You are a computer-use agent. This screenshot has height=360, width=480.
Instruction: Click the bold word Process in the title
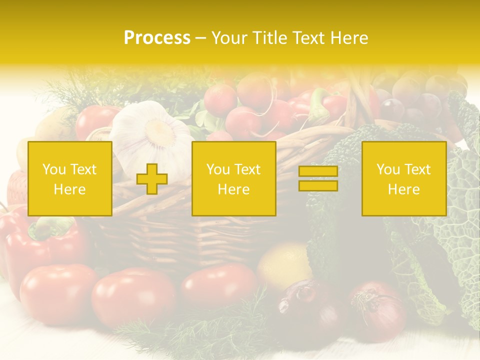pos(157,38)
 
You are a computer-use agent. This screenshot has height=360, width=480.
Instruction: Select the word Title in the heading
pos(268,38)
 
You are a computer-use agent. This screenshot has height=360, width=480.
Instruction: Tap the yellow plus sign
pos(152,179)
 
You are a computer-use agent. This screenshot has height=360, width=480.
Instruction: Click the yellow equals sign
pos(318,178)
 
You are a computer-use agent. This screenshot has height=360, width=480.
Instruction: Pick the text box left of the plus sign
pos(69,178)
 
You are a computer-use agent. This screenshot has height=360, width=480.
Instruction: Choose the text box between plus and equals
pos(233,178)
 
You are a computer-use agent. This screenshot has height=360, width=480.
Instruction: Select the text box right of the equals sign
pos(403,178)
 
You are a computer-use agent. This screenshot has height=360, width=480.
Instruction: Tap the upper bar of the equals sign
pos(318,171)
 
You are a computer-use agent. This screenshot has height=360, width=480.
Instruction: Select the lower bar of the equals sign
pos(318,186)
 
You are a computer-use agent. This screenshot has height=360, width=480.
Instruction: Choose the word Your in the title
pos(228,38)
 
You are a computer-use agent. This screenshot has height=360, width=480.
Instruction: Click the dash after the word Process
pos(200,38)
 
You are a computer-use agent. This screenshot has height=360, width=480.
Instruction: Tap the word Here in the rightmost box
pos(403,189)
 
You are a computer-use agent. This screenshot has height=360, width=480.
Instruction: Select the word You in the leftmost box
pos(53,169)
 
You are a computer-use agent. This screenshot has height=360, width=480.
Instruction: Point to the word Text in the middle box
pos(247,169)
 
